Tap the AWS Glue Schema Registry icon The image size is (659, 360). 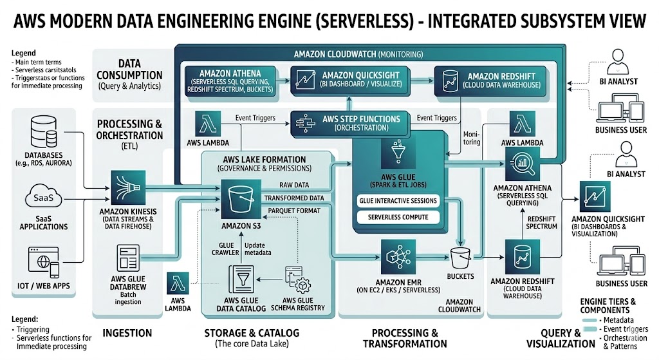pyautogui.click(x=297, y=281)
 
